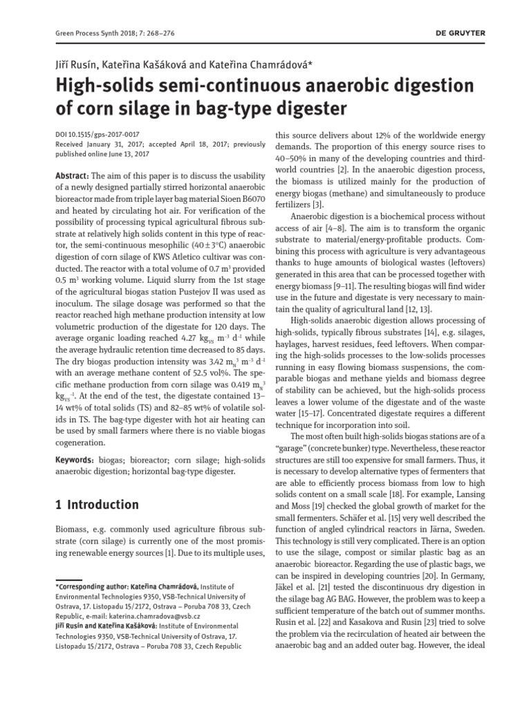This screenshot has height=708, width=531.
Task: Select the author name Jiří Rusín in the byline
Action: pyautogui.click(x=77, y=64)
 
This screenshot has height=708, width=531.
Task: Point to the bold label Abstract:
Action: pyautogui.click(x=72, y=176)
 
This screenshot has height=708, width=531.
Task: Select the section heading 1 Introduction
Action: pyautogui.click(x=97, y=505)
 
